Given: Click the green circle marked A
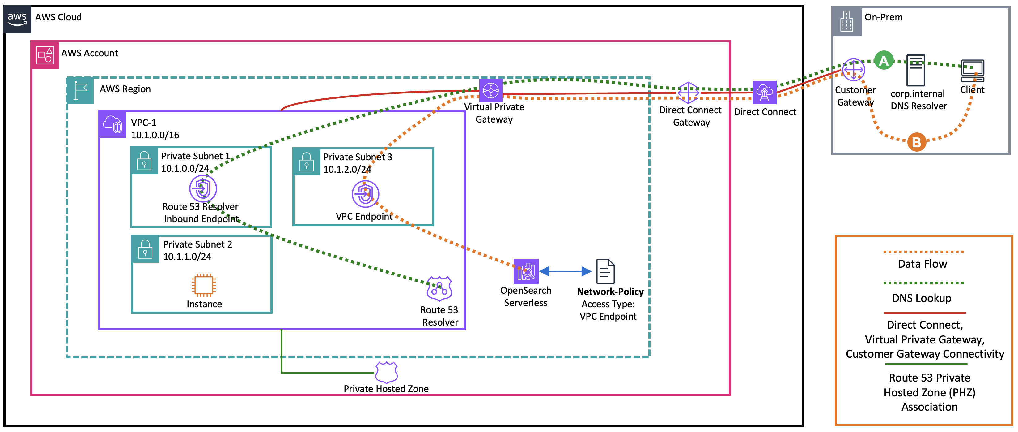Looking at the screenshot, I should tap(884, 61).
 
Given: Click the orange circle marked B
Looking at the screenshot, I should tap(916, 142).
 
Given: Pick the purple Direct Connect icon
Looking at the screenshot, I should tap(764, 93).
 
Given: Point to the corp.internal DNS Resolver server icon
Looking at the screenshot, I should tap(916, 71).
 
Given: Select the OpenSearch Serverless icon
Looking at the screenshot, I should tap(526, 271).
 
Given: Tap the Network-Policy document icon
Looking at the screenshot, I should tap(605, 271).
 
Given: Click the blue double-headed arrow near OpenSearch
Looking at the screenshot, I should tap(565, 271).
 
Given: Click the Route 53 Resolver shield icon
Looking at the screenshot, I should tap(439, 289).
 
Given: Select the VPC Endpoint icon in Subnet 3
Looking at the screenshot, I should tap(365, 194).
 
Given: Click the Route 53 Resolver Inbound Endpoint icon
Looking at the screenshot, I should tap(203, 188).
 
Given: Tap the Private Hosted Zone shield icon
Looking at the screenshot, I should tap(386, 372).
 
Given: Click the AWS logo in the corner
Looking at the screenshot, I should tap(17, 19).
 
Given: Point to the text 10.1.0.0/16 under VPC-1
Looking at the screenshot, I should tap(155, 135).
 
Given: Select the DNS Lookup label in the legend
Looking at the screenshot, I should tap(921, 298).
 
